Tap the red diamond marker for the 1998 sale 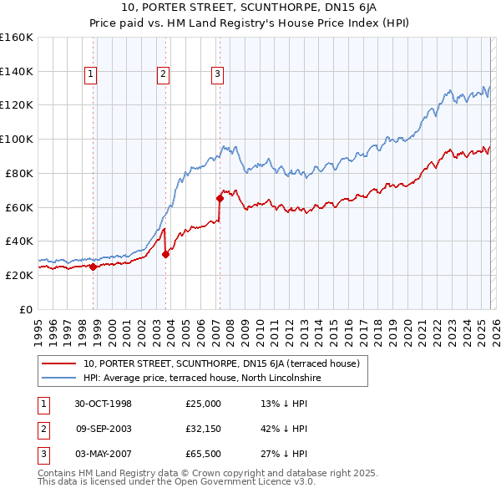93,267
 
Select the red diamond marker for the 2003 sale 165,255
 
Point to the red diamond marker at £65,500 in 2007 220,198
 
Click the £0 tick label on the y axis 26,309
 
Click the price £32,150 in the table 203,429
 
